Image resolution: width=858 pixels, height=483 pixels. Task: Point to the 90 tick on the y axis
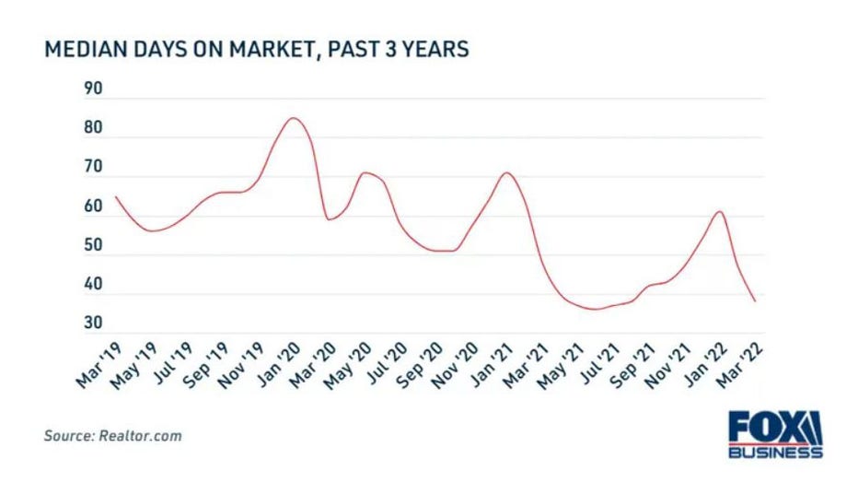point(92,90)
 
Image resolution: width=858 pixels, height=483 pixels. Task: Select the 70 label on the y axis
point(92,169)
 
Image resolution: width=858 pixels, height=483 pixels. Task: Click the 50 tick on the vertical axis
point(92,247)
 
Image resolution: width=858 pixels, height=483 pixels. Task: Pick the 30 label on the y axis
point(92,324)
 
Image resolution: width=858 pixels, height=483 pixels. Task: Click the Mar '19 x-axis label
point(98,365)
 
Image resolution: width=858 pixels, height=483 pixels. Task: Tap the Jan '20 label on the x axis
point(274,365)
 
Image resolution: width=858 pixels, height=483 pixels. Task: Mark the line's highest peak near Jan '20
point(293,118)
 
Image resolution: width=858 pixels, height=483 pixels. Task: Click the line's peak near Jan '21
point(506,173)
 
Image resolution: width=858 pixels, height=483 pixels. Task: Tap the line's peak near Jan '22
point(719,212)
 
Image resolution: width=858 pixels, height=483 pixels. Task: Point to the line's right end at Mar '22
point(755,301)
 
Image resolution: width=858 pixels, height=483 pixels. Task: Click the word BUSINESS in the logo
point(774,453)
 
